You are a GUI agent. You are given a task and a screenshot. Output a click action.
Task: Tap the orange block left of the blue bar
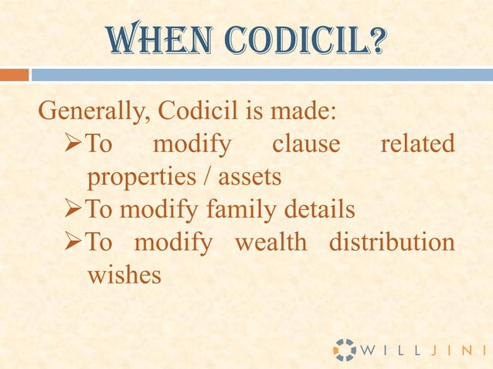pos(14,75)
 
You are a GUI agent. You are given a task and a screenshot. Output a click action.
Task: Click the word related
pos(417,144)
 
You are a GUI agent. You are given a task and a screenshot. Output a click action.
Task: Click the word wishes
pos(124,274)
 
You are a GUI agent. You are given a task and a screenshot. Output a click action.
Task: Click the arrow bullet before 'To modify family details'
pos(71,209)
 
